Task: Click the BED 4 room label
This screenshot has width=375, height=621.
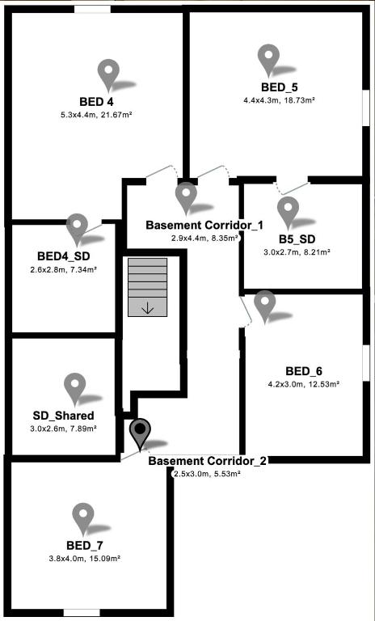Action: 96,102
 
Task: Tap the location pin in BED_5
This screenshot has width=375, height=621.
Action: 268,60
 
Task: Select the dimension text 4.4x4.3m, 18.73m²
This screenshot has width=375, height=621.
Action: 279,100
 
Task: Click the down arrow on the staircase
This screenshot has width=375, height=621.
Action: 147,308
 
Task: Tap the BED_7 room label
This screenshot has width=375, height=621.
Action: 85,545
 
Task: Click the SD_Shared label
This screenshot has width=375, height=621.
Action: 63,416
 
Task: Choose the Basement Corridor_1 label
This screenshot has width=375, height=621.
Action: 204,226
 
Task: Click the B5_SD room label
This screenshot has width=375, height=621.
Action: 297,239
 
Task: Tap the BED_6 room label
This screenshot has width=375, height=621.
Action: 304,371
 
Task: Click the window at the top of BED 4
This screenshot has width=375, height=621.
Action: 93,9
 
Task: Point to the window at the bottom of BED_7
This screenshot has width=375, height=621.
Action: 82,613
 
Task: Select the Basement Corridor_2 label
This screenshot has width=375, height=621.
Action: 209,461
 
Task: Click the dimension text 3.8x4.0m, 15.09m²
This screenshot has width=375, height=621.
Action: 85,559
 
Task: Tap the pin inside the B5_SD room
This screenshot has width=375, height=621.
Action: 288,213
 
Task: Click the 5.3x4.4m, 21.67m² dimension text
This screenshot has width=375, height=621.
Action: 96,116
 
